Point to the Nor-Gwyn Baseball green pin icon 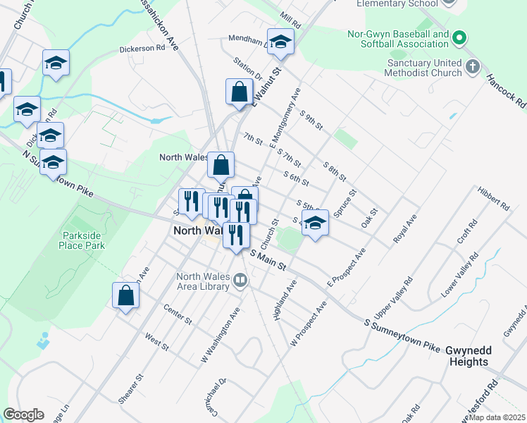[459, 37]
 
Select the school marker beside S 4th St [315, 225]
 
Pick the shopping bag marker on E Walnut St [239, 91]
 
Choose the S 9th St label [311, 121]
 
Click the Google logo [23, 415]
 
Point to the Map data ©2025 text [497, 417]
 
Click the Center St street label [177, 314]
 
